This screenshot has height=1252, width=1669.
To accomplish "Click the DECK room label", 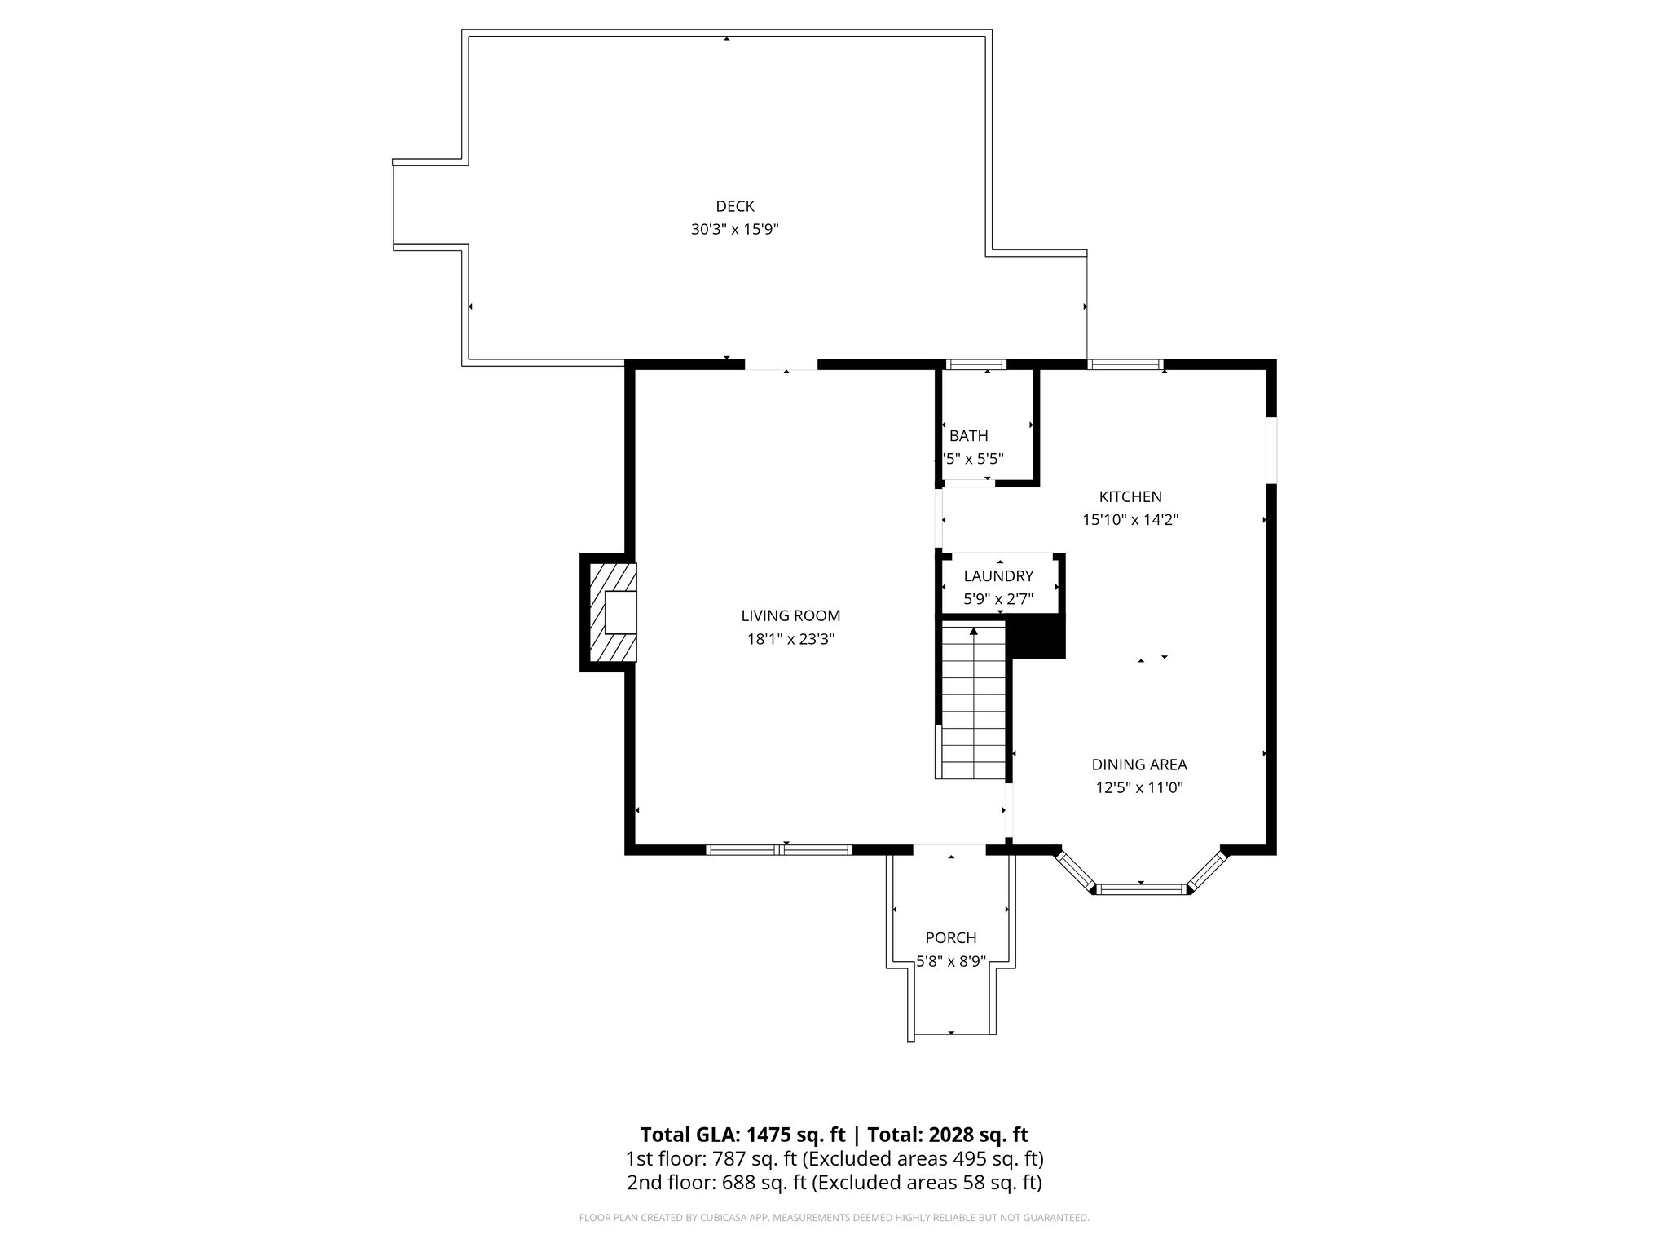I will (x=734, y=206).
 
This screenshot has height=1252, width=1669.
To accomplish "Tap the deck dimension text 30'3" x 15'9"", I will (x=734, y=230).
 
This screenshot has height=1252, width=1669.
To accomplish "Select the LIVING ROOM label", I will (x=790, y=616).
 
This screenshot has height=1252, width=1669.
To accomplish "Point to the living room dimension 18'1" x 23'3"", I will (x=790, y=640).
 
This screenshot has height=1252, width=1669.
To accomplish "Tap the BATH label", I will (x=968, y=436).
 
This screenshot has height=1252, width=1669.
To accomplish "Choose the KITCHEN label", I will (x=1130, y=496).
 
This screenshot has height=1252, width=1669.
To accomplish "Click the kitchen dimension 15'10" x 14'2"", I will (x=1130, y=520).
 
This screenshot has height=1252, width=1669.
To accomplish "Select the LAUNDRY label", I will (x=997, y=576).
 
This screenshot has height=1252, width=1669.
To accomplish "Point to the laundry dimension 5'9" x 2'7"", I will (x=997, y=599).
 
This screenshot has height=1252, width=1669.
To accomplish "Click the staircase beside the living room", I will (x=973, y=701).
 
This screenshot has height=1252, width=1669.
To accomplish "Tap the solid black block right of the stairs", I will (x=1037, y=637).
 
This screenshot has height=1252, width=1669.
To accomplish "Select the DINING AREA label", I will (x=1138, y=765).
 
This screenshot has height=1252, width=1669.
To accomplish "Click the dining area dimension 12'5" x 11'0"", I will (x=1138, y=788).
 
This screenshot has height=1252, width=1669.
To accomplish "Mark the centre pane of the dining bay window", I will (x=1141, y=888).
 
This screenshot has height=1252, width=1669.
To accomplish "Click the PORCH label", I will (x=950, y=938).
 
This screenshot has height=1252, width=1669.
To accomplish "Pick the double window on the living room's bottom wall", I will (x=779, y=849).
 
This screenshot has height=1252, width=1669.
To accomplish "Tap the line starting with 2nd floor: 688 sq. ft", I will (x=834, y=1183).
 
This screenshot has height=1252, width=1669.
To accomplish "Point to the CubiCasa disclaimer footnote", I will (x=834, y=1218).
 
